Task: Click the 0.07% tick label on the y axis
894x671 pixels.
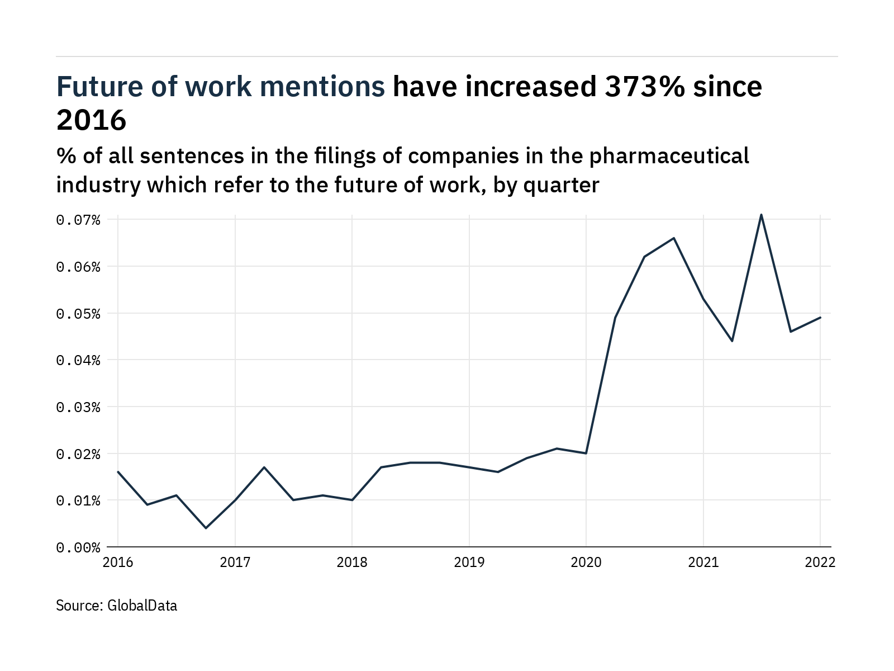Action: (78, 220)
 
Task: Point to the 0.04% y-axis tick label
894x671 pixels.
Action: (78, 360)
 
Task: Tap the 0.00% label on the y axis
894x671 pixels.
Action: (78, 547)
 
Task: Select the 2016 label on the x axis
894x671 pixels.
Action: (118, 563)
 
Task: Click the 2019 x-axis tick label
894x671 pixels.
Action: (469, 563)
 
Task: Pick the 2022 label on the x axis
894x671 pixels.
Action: (820, 563)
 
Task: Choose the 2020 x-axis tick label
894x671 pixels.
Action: (586, 563)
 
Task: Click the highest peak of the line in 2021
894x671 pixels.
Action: (761, 215)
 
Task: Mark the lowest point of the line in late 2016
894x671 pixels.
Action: (206, 528)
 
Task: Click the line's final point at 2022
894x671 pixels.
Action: (820, 318)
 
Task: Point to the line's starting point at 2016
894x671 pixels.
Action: (118, 472)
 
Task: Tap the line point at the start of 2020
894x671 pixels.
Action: (586, 453)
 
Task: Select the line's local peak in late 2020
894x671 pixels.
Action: (674, 238)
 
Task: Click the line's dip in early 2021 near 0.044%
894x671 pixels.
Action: (732, 341)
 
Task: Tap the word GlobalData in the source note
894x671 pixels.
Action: (142, 606)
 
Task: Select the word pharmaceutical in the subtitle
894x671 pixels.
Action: (669, 156)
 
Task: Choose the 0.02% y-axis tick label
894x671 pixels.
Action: (78, 453)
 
